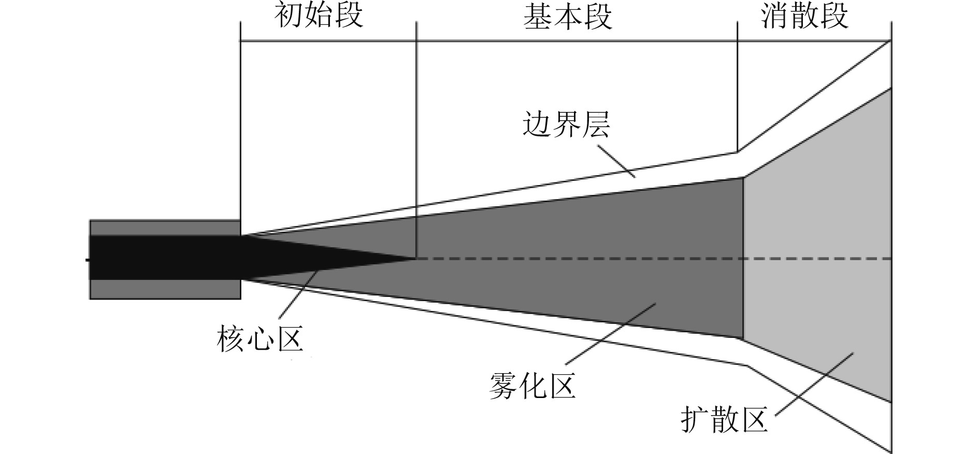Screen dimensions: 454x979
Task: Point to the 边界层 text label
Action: [566, 125]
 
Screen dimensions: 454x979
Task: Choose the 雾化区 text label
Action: [532, 387]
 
